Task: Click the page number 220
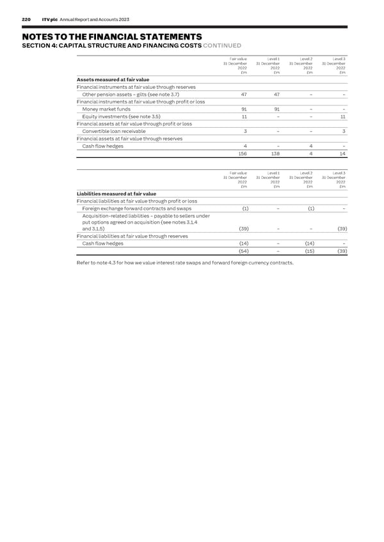[x=26, y=20]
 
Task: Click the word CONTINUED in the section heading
[x=222, y=45]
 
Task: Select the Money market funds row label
[x=106, y=109]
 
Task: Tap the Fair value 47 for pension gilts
[x=244, y=95]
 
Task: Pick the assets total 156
[x=243, y=154]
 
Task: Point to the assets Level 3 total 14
[x=342, y=154]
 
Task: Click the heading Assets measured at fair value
[x=113, y=80]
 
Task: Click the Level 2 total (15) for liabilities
[x=308, y=252]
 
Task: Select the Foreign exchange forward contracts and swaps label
[x=137, y=208]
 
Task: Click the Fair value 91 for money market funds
[x=244, y=109]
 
